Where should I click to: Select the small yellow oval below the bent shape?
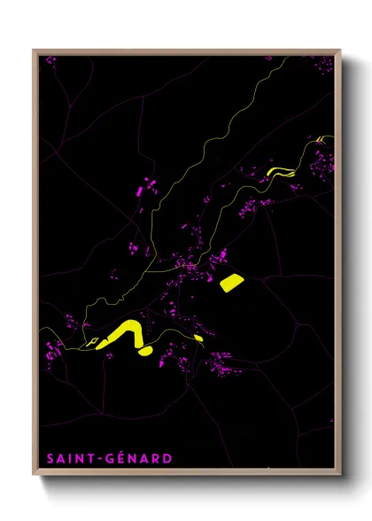click(145, 351)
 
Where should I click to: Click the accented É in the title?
click(120, 457)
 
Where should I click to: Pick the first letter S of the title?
click(50, 458)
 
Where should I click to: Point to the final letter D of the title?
click(168, 458)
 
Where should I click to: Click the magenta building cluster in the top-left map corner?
click(50, 60)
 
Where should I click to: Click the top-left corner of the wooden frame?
click(35, 51)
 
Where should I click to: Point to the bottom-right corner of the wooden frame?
click(342, 475)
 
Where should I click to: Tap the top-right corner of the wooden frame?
click(342, 51)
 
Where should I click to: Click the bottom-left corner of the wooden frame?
click(35, 475)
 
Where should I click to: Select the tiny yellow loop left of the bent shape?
click(89, 340)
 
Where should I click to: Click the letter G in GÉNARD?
click(109, 458)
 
